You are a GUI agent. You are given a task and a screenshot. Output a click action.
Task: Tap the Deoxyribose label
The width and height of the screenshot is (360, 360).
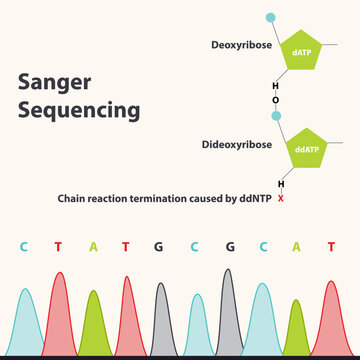click(x=239, y=46)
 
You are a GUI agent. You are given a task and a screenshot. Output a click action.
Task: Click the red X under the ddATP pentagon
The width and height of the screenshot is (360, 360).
click(x=281, y=198)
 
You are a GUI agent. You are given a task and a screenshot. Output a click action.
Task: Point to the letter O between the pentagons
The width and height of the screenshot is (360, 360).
click(x=276, y=99)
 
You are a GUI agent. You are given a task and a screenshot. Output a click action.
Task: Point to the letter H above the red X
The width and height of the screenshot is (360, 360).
click(x=281, y=184)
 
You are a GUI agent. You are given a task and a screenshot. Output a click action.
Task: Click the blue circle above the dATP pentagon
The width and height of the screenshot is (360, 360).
click(x=270, y=18)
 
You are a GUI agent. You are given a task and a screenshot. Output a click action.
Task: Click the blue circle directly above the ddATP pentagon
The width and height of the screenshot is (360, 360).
click(x=276, y=117)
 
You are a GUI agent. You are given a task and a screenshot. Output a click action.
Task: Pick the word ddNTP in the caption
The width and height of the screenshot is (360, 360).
click(x=254, y=198)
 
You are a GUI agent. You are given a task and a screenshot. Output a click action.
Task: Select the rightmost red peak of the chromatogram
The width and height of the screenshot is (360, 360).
click(x=331, y=320)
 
